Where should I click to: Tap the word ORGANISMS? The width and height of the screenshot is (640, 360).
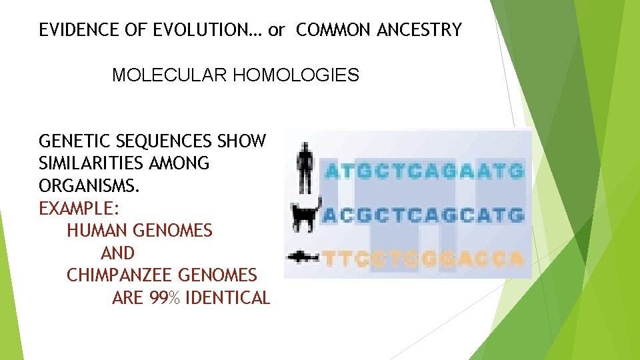(87, 186)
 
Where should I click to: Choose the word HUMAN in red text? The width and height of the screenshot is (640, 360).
(98, 231)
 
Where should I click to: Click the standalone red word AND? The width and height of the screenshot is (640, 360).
(117, 253)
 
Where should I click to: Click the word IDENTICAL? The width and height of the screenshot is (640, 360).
(227, 298)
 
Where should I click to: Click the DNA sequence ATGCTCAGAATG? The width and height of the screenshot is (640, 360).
(424, 171)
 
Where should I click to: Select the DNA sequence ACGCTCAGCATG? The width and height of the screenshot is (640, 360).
(424, 215)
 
